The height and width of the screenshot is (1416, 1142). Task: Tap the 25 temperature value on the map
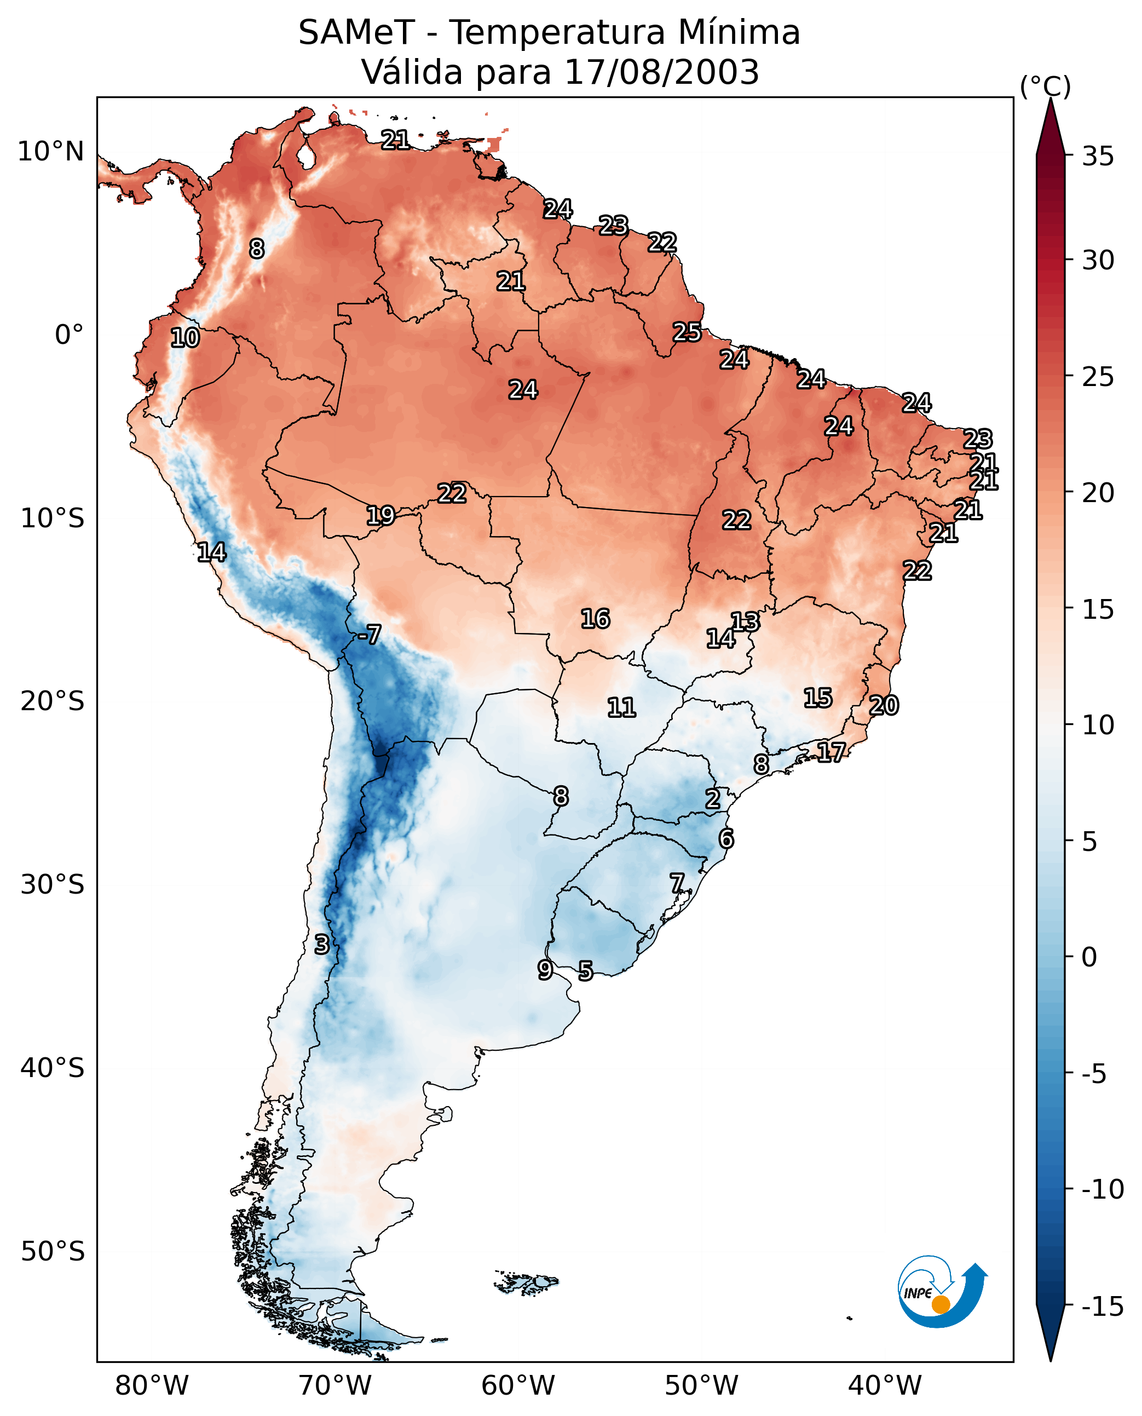tap(687, 332)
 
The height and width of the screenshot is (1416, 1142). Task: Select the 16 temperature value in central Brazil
tap(595, 619)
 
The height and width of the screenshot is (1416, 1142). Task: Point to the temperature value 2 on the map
tap(712, 799)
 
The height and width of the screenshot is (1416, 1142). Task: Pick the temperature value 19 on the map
tap(380, 515)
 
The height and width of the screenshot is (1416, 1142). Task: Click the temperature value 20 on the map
tap(884, 705)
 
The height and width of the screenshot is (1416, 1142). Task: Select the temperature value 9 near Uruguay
tap(545, 969)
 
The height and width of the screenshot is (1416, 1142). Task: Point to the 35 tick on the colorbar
tap(1098, 157)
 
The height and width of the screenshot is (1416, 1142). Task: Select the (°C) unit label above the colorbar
tap(1045, 86)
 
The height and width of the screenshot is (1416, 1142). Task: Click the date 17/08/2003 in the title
tap(662, 72)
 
